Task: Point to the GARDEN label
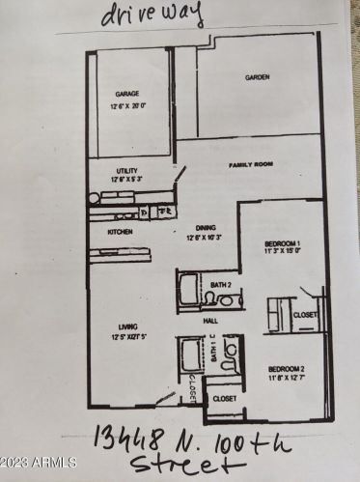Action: click(x=257, y=77)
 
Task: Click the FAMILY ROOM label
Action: click(x=252, y=165)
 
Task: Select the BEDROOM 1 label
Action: click(x=283, y=242)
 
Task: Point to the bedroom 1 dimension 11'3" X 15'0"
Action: click(x=283, y=251)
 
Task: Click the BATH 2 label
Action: click(x=222, y=285)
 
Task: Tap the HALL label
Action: click(x=210, y=320)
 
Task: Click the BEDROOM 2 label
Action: click(x=287, y=369)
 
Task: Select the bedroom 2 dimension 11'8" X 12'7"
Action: click(x=287, y=378)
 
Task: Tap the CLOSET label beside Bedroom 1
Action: click(x=305, y=314)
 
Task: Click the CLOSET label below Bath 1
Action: click(x=224, y=397)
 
